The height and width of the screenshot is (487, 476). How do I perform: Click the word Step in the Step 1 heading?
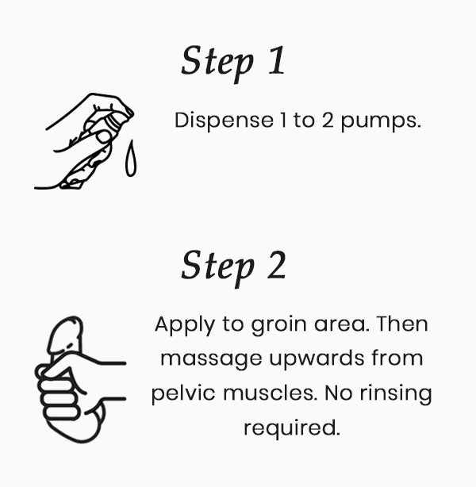pyautogui.click(x=217, y=63)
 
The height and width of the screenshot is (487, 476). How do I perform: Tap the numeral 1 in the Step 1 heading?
pyautogui.click(x=277, y=60)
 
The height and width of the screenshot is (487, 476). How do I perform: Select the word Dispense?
pyautogui.click(x=224, y=121)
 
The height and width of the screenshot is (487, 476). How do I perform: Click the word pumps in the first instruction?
pyautogui.click(x=381, y=121)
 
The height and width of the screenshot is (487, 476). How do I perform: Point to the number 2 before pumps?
pyautogui.click(x=328, y=120)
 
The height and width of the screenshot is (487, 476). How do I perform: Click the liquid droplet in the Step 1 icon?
pyautogui.click(x=131, y=159)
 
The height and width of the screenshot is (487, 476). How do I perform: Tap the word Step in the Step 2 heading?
pyautogui.click(x=217, y=268)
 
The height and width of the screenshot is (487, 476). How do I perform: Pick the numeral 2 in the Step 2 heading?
pyautogui.click(x=277, y=265)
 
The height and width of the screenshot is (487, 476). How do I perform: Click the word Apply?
pyautogui.click(x=185, y=325)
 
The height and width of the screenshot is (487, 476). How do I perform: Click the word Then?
pyautogui.click(x=402, y=324)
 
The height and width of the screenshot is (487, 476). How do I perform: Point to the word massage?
pyautogui.click(x=211, y=359)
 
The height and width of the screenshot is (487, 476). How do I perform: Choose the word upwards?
pyautogui.click(x=317, y=359)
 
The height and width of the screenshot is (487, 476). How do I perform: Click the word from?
pyautogui.click(x=397, y=358)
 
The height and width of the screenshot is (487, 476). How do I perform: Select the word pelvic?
pyautogui.click(x=183, y=393)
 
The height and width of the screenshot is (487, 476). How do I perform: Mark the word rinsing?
pyautogui.click(x=396, y=393)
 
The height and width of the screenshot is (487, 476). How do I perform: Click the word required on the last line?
pyautogui.click(x=292, y=428)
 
